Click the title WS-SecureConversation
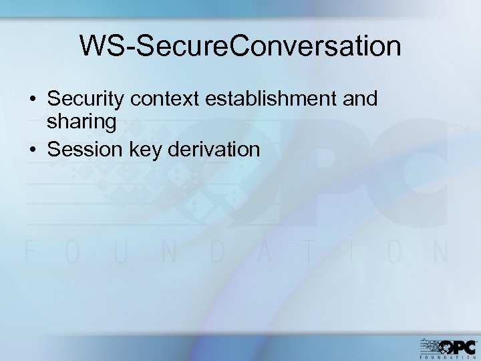point(240,46)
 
